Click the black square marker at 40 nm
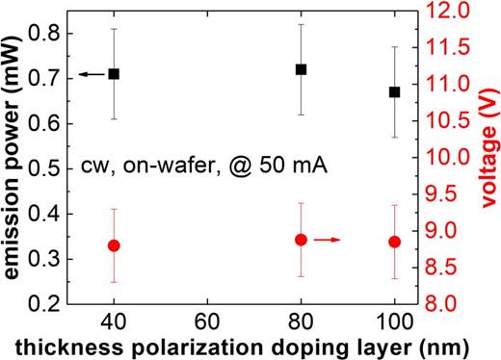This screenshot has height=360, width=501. pos(114,74)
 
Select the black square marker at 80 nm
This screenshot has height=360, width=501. pos(301,69)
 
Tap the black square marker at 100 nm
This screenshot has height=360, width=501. pos(394,91)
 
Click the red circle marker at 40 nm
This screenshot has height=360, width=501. pos(114,245)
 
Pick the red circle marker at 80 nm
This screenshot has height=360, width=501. pos(301,240)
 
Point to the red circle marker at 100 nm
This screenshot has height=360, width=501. pos(394,242)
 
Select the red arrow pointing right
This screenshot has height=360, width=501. pos(329,240)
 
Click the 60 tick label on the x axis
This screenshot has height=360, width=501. pos(207,320)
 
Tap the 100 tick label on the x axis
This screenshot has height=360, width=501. pos(394,320)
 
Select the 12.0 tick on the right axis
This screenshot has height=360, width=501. pos(446,12)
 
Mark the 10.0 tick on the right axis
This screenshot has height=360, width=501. pos(446,158)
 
